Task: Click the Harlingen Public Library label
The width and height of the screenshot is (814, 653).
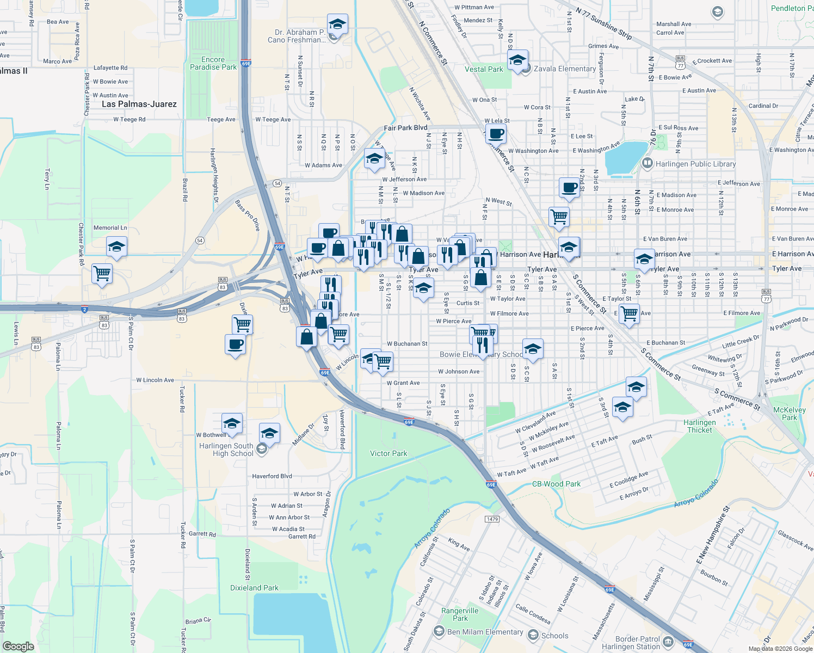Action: [695, 164]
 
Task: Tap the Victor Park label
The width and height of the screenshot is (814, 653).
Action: [388, 453]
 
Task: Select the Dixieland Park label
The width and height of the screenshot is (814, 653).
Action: [254, 588]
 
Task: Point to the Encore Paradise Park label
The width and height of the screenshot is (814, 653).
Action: [213, 63]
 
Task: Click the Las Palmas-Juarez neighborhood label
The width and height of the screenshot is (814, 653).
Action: [139, 104]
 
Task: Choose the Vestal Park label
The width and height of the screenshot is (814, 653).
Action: [484, 69]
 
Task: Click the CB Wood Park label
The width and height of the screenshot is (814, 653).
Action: [556, 484]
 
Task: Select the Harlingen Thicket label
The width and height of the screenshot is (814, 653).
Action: [700, 426]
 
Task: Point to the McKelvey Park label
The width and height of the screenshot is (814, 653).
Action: [789, 414]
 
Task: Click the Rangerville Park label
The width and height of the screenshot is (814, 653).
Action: [460, 614]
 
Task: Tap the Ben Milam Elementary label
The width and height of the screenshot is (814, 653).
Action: [485, 632]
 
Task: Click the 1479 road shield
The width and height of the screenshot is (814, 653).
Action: [492, 519]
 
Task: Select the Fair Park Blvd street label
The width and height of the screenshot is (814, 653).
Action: [405, 128]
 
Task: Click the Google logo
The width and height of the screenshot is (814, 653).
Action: [18, 646]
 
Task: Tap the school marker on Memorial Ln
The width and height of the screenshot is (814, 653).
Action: [116, 247]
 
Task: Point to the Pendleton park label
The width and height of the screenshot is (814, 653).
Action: [788, 8]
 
